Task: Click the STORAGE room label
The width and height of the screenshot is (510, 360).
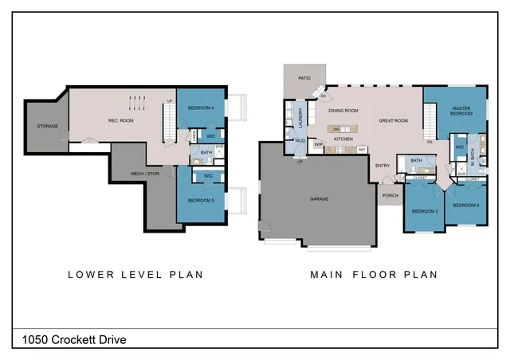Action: (48, 127)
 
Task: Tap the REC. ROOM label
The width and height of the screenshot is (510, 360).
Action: (120, 120)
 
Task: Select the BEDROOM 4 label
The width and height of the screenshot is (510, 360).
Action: (201, 108)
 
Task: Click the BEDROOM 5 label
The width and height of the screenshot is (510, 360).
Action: (201, 201)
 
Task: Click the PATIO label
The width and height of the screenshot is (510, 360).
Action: (304, 78)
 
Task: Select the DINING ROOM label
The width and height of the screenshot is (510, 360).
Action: (343, 111)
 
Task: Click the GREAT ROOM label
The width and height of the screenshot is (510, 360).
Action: (393, 121)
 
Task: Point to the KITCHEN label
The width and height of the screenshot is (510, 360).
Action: (343, 139)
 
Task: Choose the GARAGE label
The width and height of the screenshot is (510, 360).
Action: (319, 198)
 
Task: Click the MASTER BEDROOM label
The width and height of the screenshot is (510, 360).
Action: (462, 111)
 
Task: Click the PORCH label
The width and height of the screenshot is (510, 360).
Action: (390, 195)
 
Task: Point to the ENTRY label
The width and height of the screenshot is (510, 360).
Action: (383, 166)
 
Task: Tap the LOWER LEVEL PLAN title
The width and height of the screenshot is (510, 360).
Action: (135, 275)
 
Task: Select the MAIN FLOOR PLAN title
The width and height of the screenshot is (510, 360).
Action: (374, 275)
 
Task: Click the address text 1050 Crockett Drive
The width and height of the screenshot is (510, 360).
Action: (69, 340)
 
